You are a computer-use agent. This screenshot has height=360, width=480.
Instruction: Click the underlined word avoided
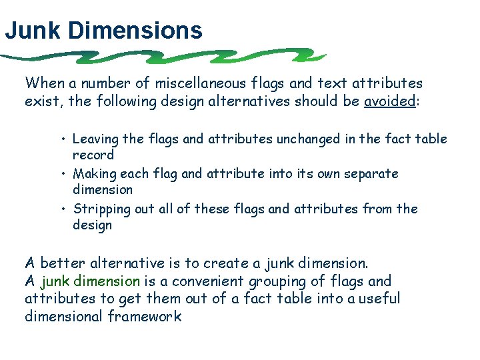389,102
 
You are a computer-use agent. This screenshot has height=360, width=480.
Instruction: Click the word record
93,155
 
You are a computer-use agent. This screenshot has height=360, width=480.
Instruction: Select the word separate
370,174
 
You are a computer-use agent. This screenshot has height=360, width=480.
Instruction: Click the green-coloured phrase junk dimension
91,281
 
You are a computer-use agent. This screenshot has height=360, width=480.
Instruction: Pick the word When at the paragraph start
44,83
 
